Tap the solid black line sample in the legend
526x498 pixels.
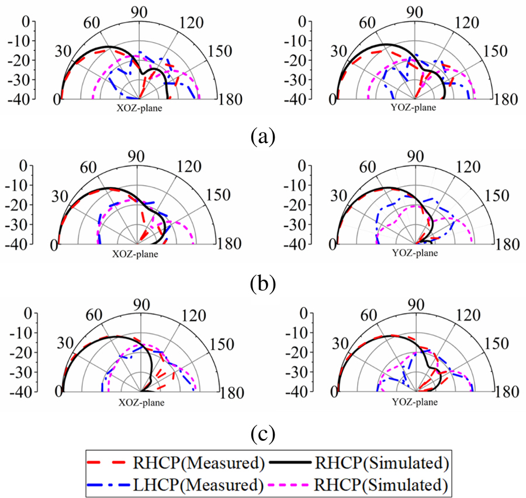[293, 464]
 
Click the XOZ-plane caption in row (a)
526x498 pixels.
[139, 107]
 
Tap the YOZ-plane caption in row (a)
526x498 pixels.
[415, 107]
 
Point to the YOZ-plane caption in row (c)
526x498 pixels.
[417, 402]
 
